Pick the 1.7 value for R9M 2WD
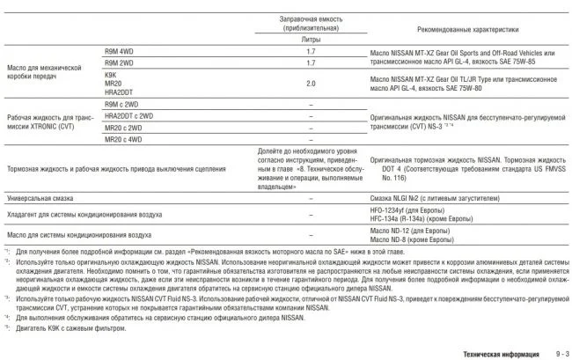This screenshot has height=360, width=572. click(x=312, y=63)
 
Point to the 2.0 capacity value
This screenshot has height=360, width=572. click(x=312, y=84)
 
